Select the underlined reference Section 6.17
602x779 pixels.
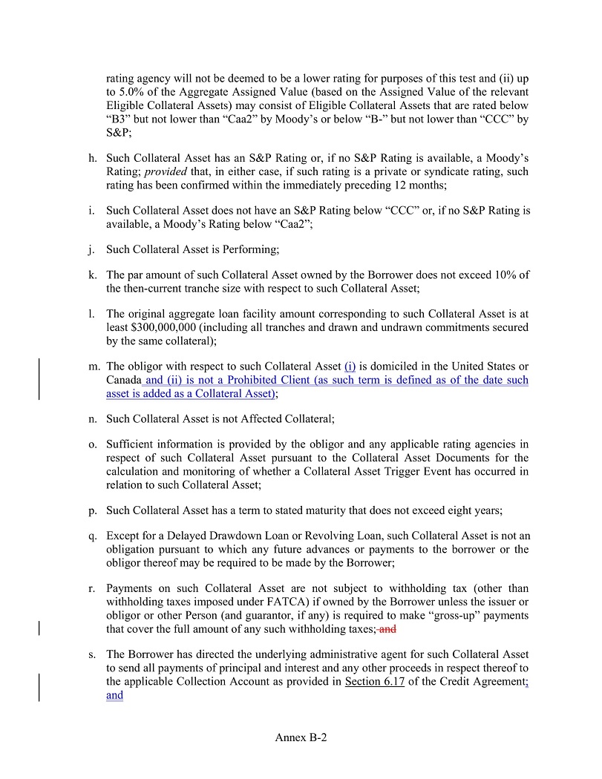374,682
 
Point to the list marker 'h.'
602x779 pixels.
93,158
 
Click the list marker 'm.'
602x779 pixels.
94,367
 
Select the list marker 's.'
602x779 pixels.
93,654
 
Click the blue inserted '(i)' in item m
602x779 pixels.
350,367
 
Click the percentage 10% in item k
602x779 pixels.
501,275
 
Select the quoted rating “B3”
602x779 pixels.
121,120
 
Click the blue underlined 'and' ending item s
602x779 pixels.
114,696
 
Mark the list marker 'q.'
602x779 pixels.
93,536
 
